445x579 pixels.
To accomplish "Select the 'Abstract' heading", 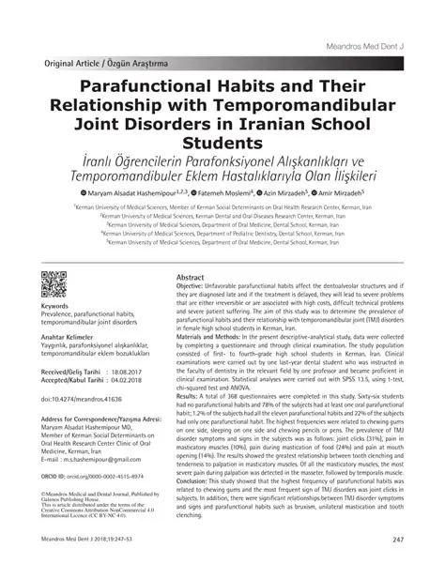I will pyautogui.click(x=192, y=279).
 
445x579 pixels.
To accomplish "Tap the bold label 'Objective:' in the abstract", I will pyautogui.click(x=194, y=289).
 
